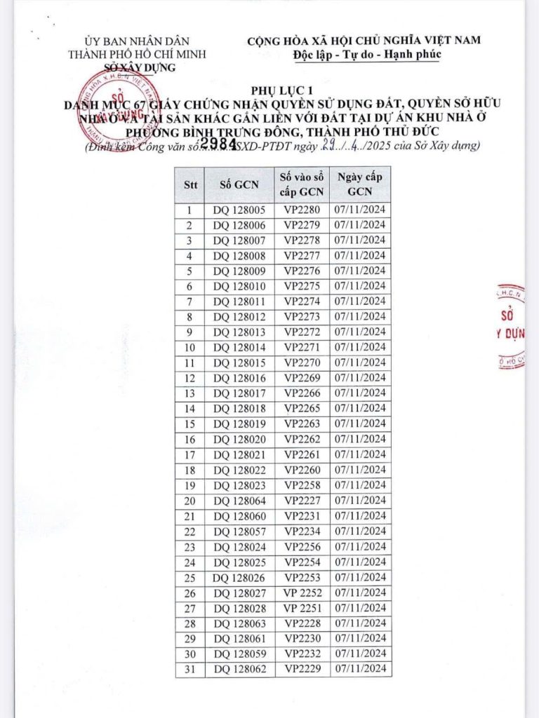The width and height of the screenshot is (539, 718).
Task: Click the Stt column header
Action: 189,184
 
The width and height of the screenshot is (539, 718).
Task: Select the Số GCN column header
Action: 239,184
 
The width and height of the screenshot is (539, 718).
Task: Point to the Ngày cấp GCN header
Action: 360,184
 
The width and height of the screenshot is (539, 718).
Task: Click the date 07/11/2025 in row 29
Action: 360,638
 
